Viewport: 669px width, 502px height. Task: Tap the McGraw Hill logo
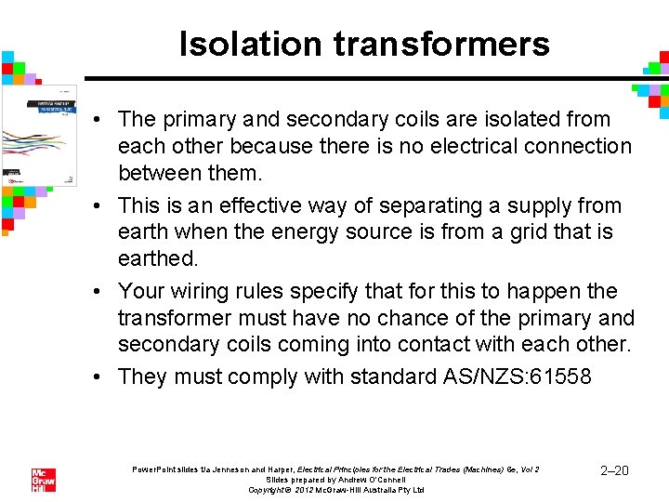(43, 480)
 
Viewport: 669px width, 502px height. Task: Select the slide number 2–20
(615, 471)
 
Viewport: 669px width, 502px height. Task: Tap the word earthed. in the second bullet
(152, 257)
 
